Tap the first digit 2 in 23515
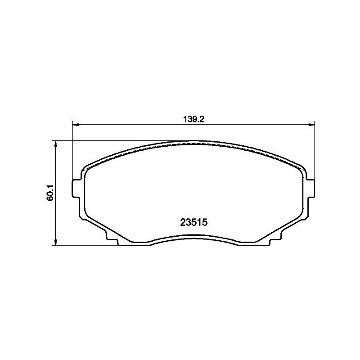click(x=183, y=222)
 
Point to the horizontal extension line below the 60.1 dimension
click(x=85, y=245)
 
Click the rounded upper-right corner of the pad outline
click(x=301, y=167)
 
